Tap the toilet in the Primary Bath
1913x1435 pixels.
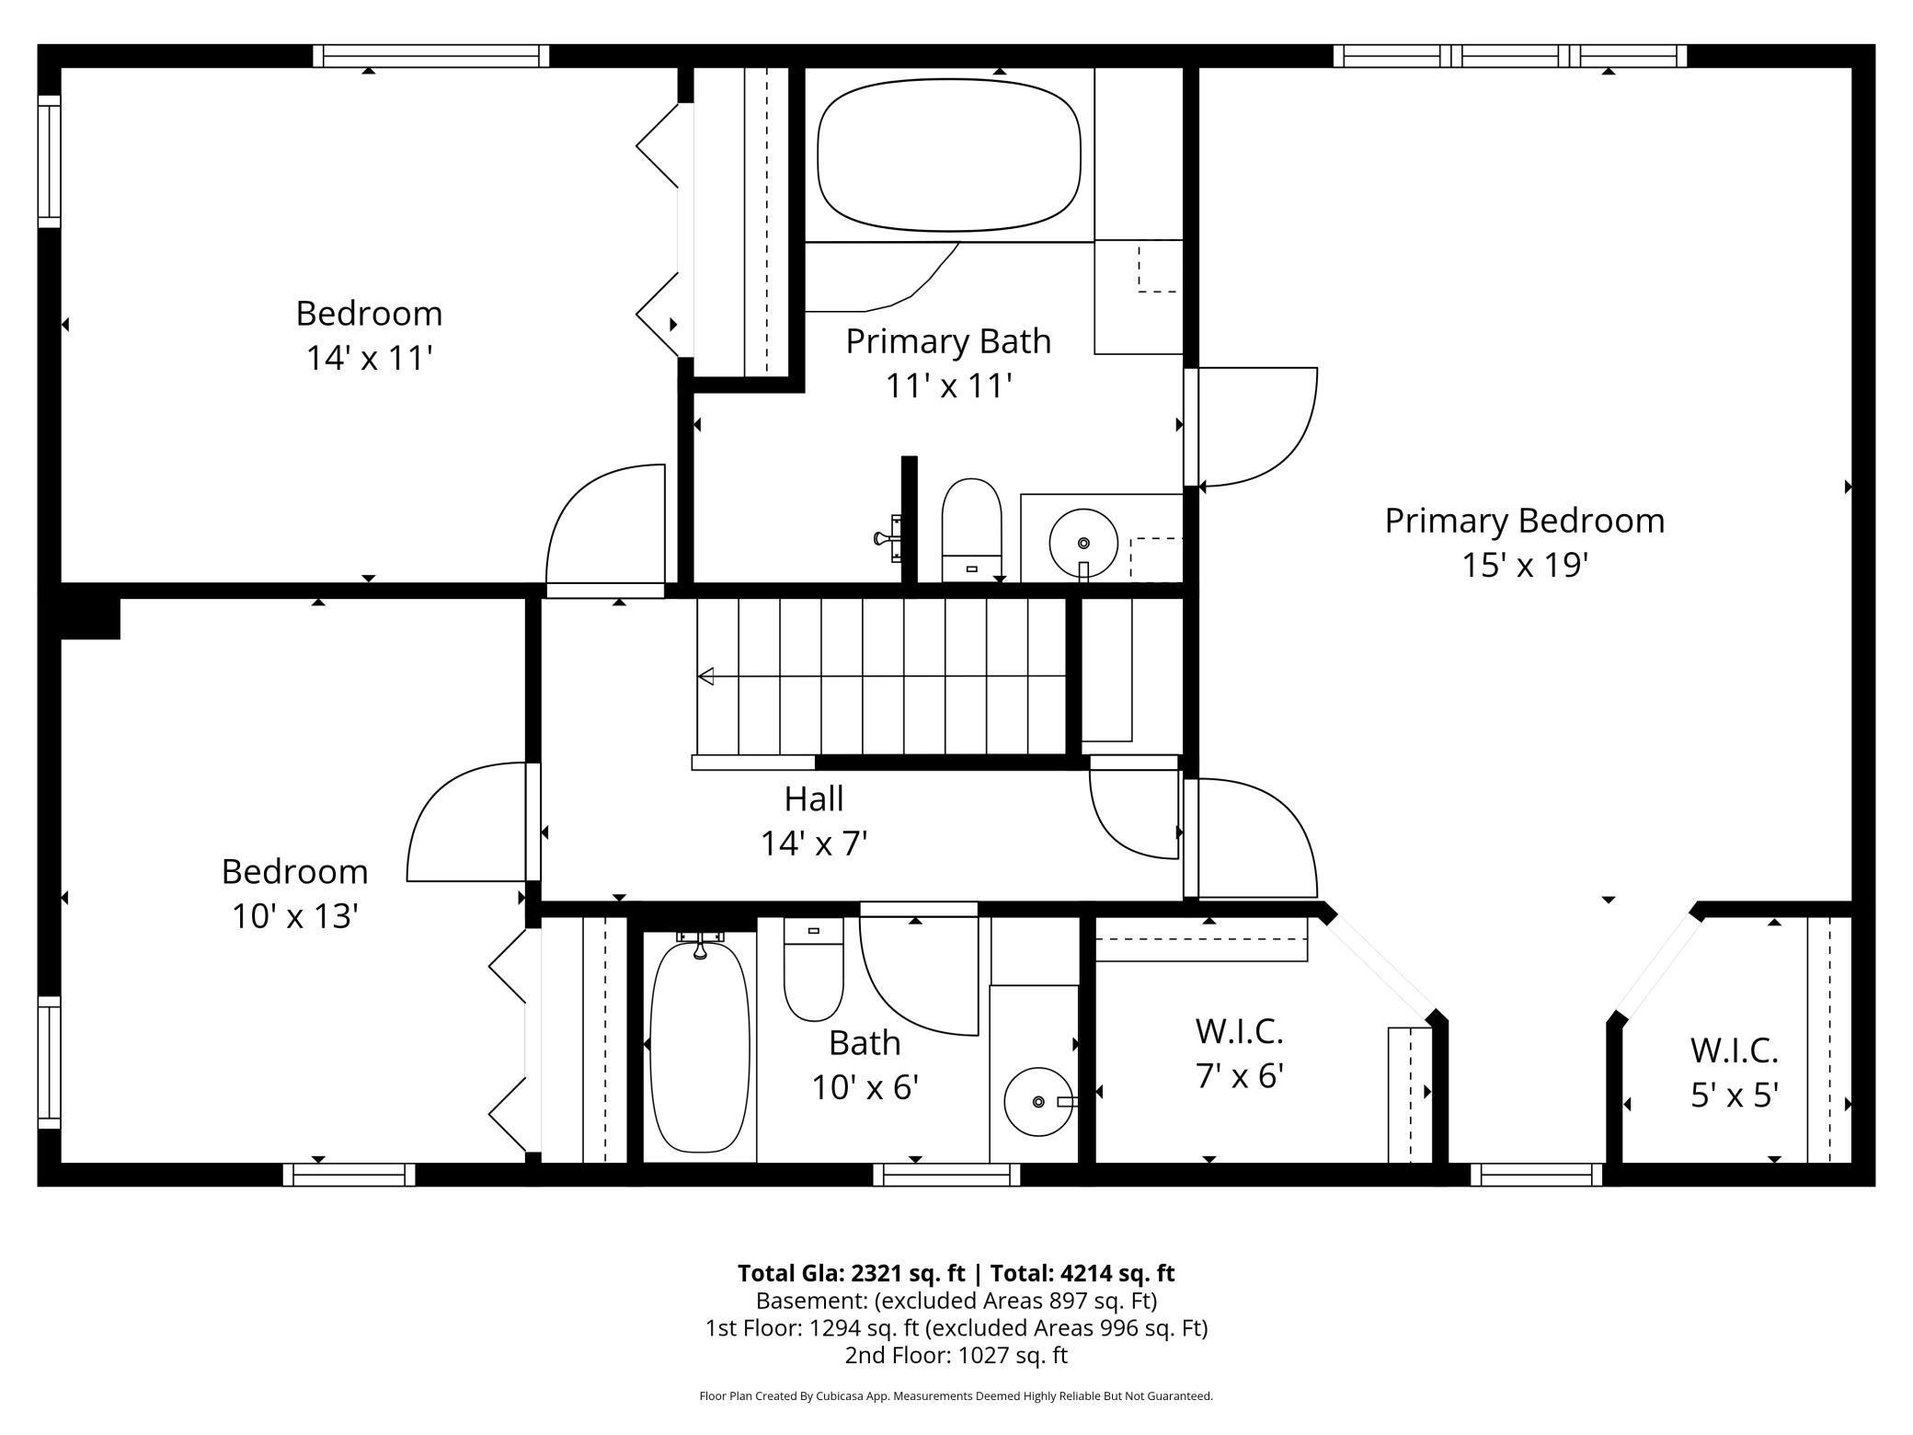(971, 529)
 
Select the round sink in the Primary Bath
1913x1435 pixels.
(1083, 543)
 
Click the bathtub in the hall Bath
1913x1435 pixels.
(699, 1043)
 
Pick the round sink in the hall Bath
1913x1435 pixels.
(1038, 1101)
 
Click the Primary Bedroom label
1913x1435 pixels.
(1525, 521)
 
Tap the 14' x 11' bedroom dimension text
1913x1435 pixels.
(369, 358)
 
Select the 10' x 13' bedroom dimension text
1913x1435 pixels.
(294, 916)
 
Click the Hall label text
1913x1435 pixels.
(814, 798)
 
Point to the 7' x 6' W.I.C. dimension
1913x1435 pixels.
(1240, 1075)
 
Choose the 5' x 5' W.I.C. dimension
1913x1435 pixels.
(1735, 1095)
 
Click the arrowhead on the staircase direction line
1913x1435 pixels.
(705, 677)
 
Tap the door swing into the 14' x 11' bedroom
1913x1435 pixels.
(605, 525)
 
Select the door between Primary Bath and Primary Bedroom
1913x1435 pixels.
(1253, 427)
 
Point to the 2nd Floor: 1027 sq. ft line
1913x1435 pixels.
(956, 1355)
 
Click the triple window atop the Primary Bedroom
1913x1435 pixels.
(1510, 56)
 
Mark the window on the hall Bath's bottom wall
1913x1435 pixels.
(946, 1175)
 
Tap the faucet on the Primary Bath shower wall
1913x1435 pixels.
(888, 538)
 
